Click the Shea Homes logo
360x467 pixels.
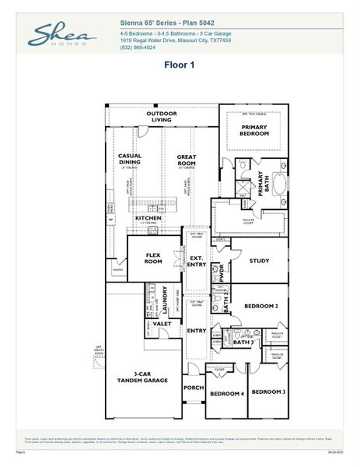click(63, 36)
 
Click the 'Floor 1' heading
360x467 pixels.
click(179, 65)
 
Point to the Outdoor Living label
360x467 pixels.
click(162, 117)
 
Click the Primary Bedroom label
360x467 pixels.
click(254, 130)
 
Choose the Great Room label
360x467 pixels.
click(187, 160)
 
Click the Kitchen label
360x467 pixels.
click(149, 218)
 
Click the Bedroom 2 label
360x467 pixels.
click(261, 306)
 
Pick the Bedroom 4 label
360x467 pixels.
click(226, 394)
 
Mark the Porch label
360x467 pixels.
click(193, 387)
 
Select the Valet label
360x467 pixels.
click(162, 323)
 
